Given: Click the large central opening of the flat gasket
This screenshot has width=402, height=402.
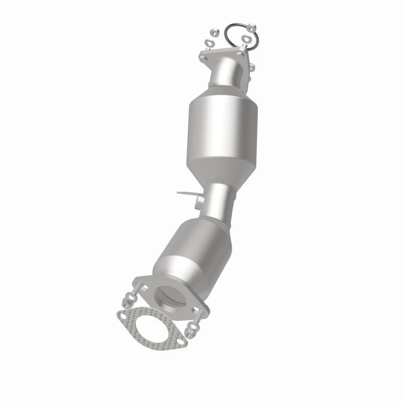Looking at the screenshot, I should pyautogui.click(x=151, y=327).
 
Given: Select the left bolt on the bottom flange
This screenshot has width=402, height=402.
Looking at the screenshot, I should pyautogui.click(x=135, y=293).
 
